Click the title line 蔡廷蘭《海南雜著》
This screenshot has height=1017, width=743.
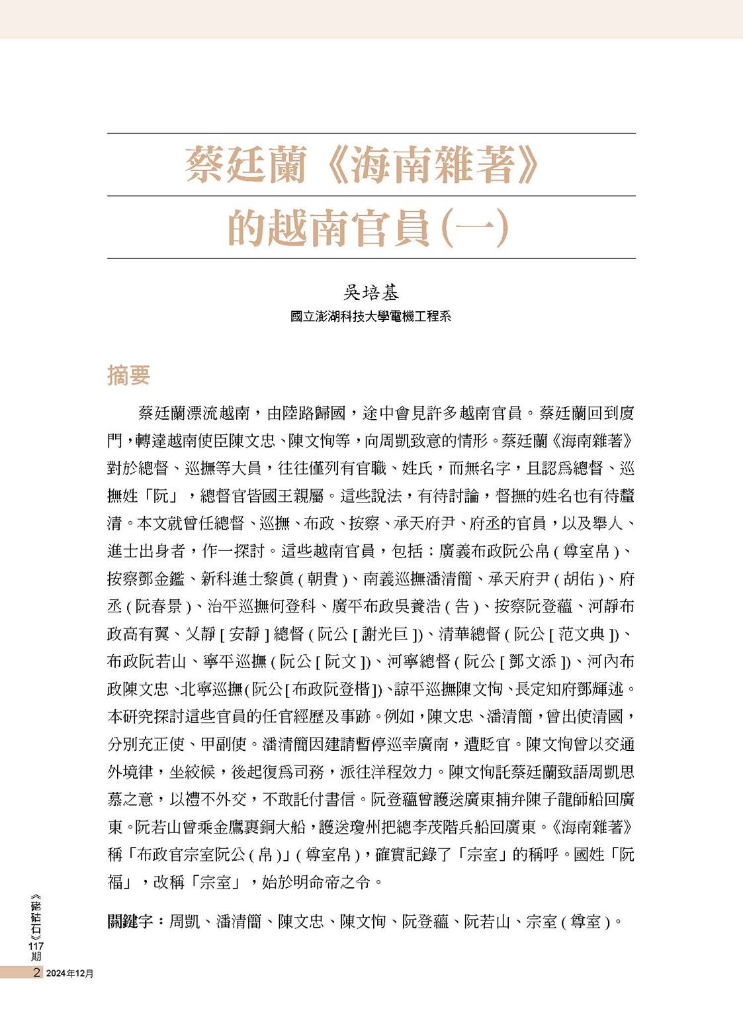click(x=362, y=166)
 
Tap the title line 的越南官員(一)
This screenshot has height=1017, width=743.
click(x=368, y=228)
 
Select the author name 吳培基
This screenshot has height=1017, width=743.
click(x=371, y=293)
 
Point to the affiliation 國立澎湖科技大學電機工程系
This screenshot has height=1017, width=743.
click(x=371, y=316)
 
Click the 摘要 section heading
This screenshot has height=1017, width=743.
click(x=128, y=375)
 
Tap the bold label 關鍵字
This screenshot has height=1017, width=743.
click(x=130, y=921)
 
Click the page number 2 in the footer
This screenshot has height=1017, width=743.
click(x=36, y=973)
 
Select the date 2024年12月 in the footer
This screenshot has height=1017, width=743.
click(x=69, y=973)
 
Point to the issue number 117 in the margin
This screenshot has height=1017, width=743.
click(x=36, y=947)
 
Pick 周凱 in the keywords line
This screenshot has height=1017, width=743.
click(x=185, y=921)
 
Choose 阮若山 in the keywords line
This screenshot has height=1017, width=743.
click(x=486, y=921)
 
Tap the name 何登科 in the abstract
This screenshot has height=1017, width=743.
click(x=291, y=606)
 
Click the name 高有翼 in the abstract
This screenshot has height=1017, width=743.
click(x=147, y=634)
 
